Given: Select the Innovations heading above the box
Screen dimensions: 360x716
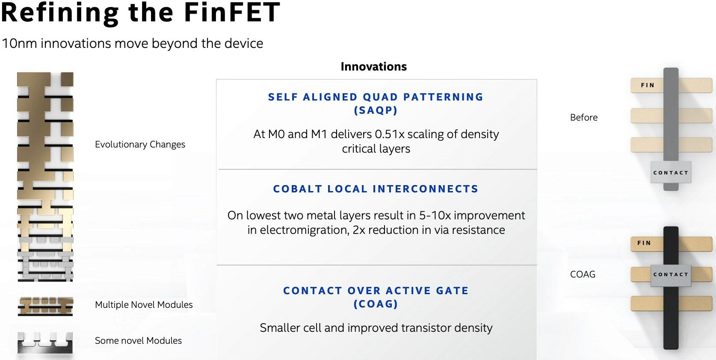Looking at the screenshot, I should click(x=373, y=67).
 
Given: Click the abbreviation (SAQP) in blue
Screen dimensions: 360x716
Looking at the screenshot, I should click(x=376, y=110).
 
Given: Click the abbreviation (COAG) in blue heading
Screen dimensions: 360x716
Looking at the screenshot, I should click(x=376, y=304).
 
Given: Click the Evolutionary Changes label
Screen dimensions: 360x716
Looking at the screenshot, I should click(x=140, y=145).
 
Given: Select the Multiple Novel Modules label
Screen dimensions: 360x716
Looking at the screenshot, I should click(x=144, y=305).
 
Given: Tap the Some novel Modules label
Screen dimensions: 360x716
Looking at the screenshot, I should click(x=138, y=341).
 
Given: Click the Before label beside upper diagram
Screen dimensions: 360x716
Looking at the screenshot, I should click(x=583, y=118).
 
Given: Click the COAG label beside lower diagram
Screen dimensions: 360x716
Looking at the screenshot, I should click(x=583, y=274).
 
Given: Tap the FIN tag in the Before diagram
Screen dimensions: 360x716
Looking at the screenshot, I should click(x=648, y=86).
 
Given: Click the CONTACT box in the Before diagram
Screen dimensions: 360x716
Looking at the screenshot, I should click(x=671, y=173).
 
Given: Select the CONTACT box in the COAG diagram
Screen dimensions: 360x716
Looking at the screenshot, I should click(x=671, y=274).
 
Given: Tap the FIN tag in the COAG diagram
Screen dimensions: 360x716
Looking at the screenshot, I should click(x=644, y=243).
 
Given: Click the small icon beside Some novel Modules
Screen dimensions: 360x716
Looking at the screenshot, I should click(x=45, y=342).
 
